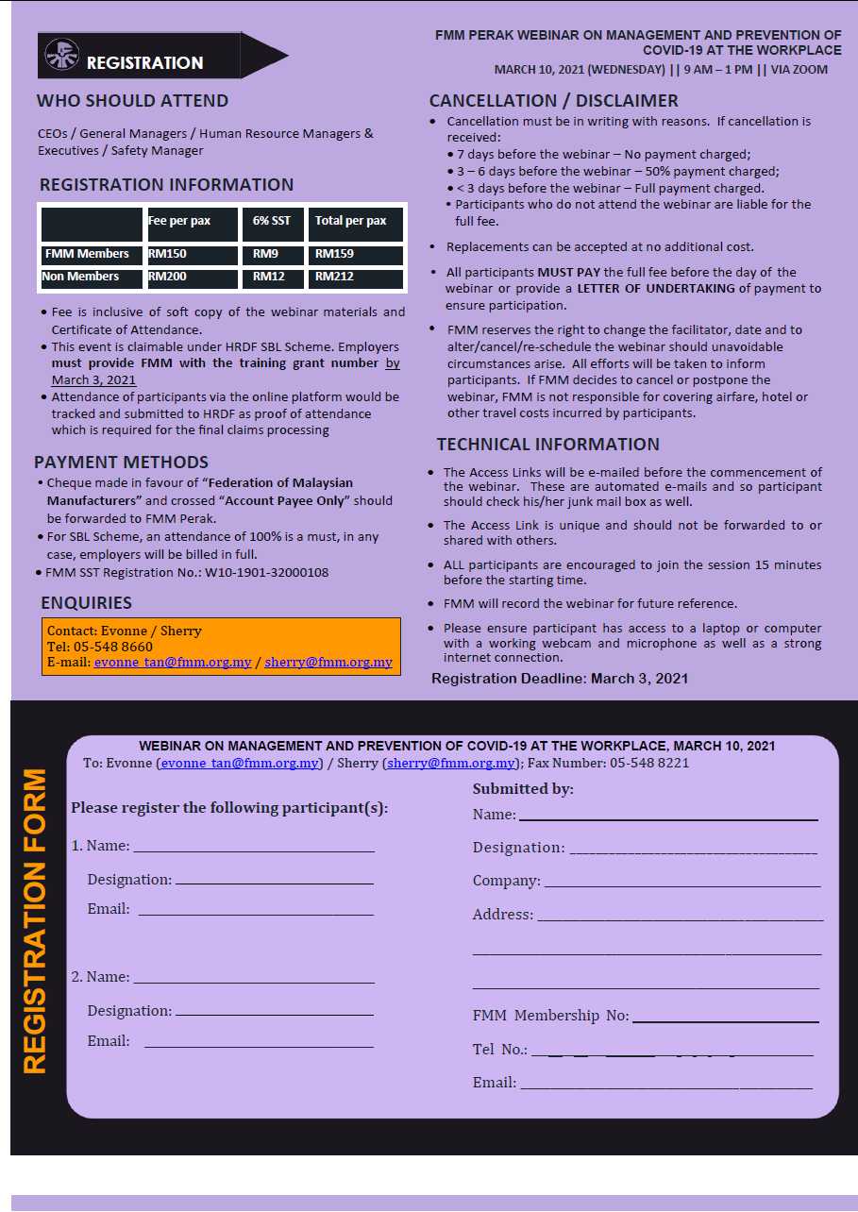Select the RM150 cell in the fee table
192,254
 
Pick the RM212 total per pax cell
355,278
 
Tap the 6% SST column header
272,222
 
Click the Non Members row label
91,278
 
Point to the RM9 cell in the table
272,254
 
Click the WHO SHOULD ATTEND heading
132,101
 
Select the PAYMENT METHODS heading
121,463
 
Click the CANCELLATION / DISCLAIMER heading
553,101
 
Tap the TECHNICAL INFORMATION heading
547,445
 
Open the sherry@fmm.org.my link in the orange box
328,662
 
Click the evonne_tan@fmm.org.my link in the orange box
174,662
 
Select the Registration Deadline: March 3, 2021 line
559,678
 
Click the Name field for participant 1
253,847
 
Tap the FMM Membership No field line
724,1016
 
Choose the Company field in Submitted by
681,882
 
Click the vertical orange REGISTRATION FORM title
35,920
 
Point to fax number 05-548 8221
649,763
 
